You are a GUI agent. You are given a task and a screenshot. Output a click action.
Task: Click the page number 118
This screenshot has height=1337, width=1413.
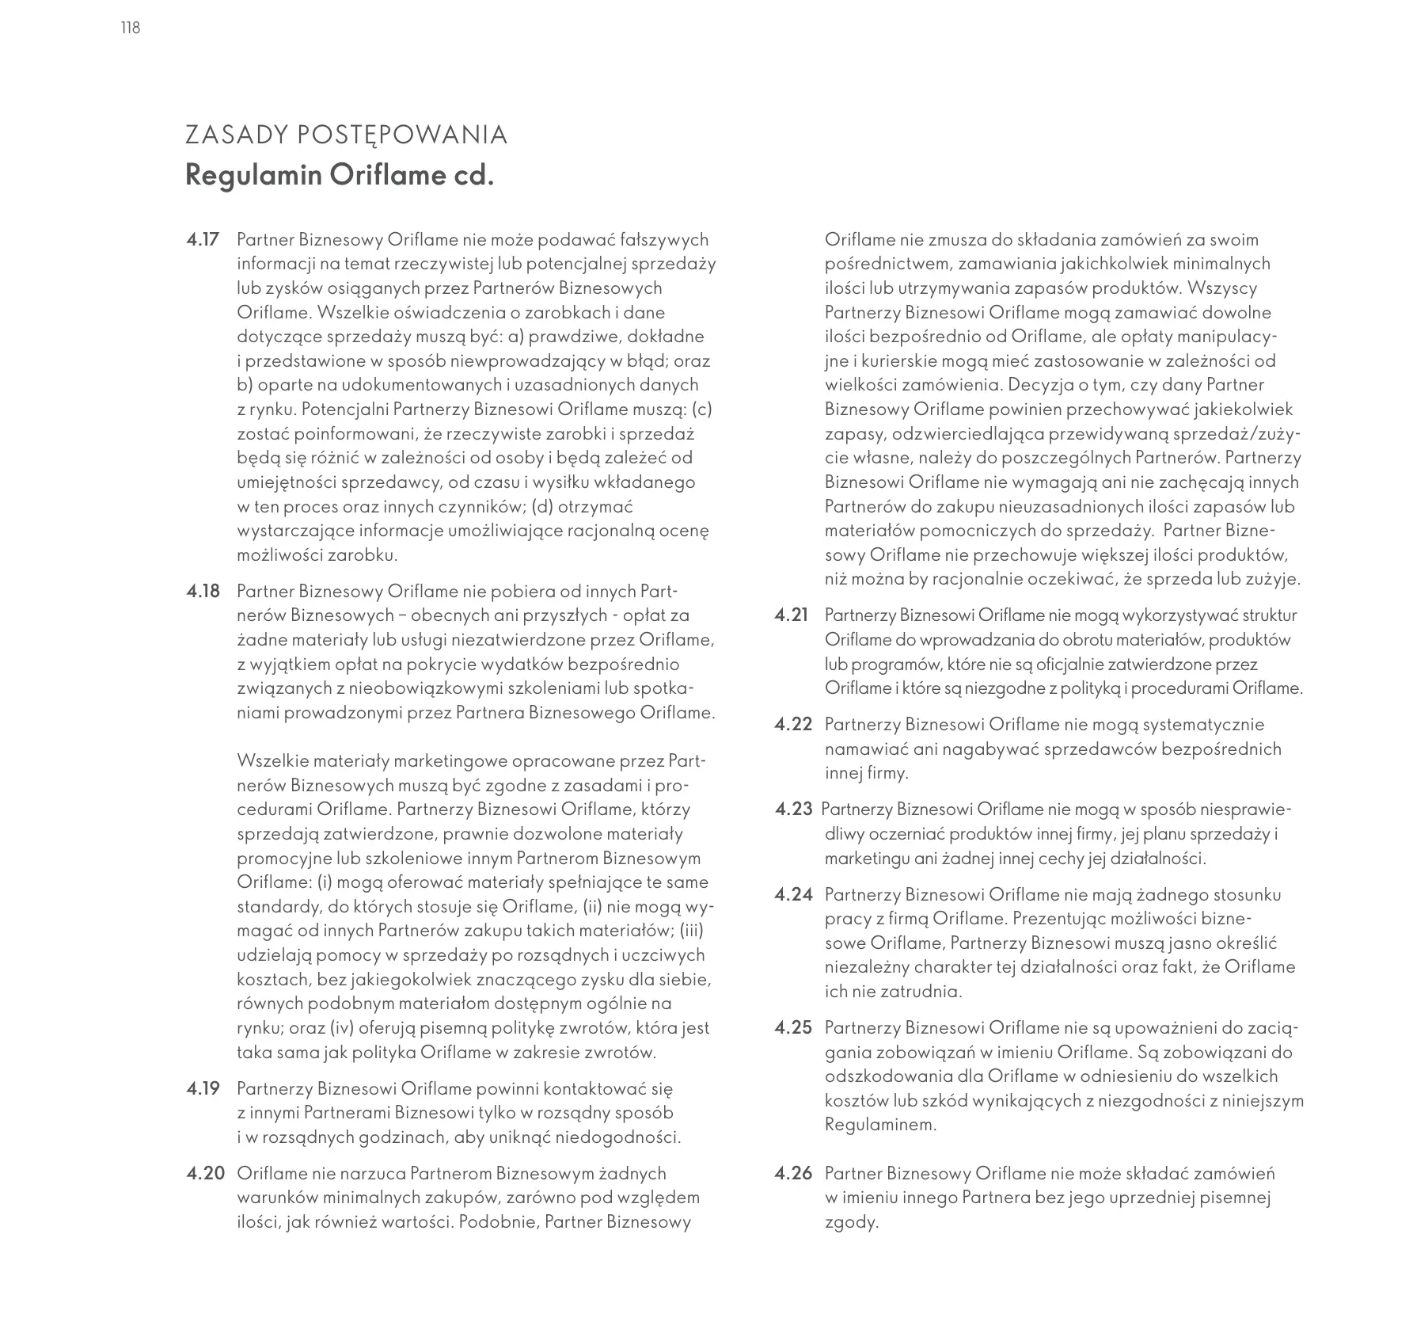point(131,29)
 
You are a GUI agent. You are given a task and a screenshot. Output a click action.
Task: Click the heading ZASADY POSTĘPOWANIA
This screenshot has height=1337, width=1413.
point(346,135)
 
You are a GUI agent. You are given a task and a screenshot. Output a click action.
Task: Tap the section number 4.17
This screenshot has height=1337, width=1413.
point(203,240)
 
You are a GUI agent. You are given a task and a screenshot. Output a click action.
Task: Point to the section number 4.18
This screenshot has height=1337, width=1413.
point(203,592)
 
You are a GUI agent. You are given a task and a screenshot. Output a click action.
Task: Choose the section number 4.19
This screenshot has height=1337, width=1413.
point(203,1088)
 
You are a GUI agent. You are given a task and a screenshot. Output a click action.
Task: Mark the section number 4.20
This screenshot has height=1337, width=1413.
point(205,1174)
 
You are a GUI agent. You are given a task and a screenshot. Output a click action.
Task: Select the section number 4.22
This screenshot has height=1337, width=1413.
point(793,725)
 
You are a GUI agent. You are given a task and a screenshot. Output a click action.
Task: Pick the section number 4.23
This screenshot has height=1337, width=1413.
point(793,809)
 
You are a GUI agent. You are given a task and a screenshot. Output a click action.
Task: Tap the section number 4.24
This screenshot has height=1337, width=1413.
point(793,895)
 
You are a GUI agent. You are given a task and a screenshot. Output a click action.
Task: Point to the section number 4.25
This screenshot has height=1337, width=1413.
point(793,1028)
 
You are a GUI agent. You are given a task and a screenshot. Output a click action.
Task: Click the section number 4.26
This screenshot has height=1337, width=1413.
point(793,1174)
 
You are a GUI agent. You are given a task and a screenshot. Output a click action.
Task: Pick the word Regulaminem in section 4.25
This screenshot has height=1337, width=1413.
point(879,1125)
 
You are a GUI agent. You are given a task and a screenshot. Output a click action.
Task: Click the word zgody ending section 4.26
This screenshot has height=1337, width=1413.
point(850,1223)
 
